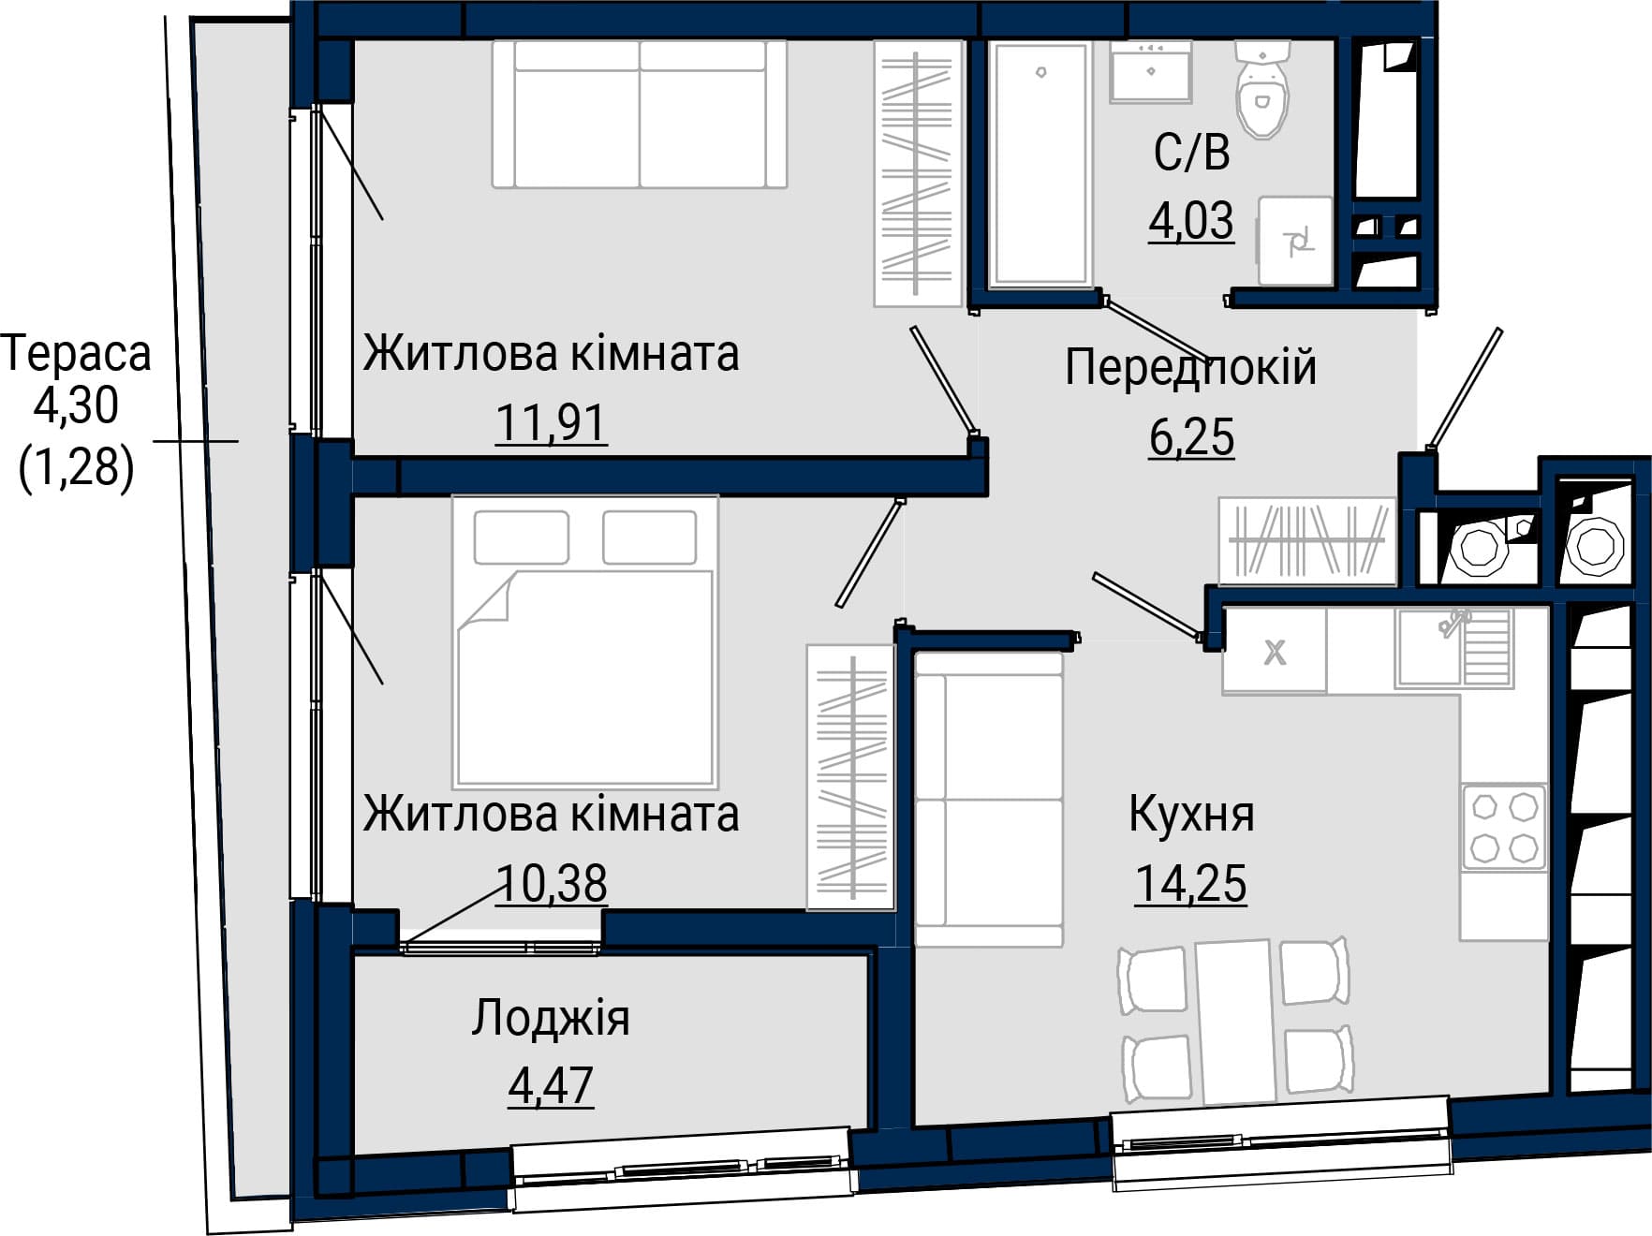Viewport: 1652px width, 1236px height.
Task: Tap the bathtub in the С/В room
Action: [x=1040, y=163]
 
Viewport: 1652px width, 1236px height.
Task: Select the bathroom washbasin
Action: [x=1151, y=71]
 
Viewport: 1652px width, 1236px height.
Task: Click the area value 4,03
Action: [x=1191, y=222]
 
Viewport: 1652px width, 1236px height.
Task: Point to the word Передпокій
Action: [x=1190, y=367]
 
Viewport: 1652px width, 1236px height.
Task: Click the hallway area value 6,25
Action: [x=1191, y=437]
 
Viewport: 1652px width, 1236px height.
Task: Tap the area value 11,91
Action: [x=551, y=423]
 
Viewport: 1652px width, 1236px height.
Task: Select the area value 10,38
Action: [x=551, y=883]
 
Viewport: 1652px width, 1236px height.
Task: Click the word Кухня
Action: [x=1191, y=814]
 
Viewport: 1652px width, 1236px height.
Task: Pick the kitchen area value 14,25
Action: [x=1191, y=883]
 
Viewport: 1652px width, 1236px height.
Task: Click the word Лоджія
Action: [x=551, y=1019]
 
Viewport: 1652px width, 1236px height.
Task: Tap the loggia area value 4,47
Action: [x=551, y=1086]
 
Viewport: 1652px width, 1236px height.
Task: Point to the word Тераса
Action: [x=76, y=354]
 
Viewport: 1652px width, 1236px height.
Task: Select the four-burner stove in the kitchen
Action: [x=1504, y=828]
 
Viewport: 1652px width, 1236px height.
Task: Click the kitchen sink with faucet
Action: [x=1453, y=647]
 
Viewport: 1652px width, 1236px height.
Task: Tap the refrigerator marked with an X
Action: [x=1275, y=650]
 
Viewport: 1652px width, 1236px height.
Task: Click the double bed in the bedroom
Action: [x=585, y=641]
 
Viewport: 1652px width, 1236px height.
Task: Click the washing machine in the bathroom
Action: [x=1295, y=241]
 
